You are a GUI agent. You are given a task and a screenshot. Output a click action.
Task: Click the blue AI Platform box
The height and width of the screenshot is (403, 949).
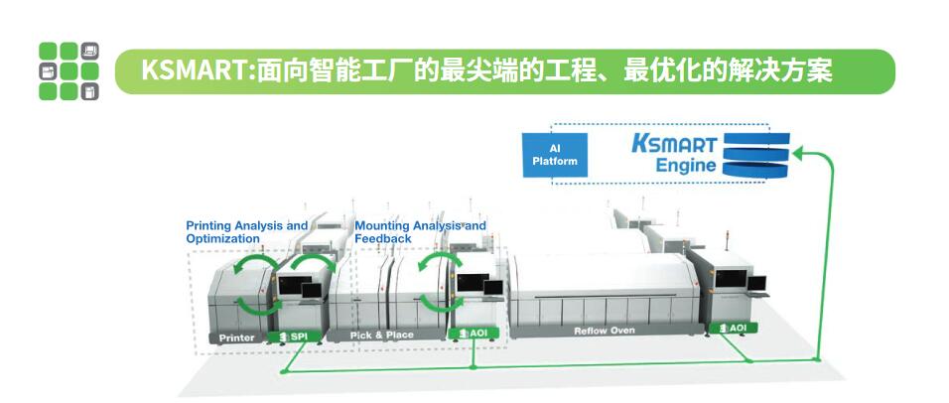(555, 155)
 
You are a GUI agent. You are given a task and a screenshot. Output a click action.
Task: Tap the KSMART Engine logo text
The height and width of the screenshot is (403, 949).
(675, 154)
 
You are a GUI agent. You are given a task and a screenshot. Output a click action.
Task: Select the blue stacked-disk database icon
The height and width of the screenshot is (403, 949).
(756, 156)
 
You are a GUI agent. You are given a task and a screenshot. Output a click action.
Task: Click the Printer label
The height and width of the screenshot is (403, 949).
(236, 337)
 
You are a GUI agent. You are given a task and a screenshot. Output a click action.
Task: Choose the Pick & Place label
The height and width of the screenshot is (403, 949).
(382, 335)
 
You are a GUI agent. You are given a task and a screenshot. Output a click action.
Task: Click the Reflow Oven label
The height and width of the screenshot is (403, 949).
(604, 331)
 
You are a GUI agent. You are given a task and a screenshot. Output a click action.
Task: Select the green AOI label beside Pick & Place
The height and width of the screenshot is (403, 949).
(474, 333)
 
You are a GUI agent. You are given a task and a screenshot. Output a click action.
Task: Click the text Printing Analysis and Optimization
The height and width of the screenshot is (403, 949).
(247, 231)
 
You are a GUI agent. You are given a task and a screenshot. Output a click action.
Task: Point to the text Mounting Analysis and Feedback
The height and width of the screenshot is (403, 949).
(420, 231)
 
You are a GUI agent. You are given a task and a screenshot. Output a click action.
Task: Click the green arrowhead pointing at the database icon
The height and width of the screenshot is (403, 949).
(798, 153)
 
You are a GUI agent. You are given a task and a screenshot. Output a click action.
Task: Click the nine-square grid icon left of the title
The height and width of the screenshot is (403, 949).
(69, 71)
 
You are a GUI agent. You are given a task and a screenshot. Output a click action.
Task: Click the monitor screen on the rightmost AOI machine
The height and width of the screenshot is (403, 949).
(732, 278)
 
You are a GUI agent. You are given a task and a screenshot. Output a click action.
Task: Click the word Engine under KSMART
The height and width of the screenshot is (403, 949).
(686, 165)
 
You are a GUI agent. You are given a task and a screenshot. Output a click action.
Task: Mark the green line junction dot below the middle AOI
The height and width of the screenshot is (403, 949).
(474, 366)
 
